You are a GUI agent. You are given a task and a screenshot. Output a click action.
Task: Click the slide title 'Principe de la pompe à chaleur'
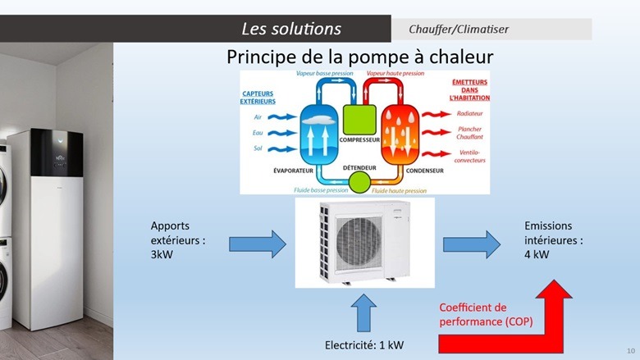tap(359, 58)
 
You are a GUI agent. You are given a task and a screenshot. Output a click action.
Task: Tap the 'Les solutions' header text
tap(291, 29)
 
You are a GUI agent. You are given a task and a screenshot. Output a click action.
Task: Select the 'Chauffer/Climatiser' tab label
tap(459, 30)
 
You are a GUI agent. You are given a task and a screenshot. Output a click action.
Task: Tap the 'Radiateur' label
tap(469, 112)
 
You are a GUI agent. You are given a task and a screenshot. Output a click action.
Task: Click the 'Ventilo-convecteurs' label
tap(471, 157)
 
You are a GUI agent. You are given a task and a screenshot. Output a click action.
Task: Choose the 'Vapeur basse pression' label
tap(324, 73)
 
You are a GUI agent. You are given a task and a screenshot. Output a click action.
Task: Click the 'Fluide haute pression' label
tap(399, 190)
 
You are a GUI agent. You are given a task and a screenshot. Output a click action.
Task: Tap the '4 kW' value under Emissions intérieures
tap(537, 255)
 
